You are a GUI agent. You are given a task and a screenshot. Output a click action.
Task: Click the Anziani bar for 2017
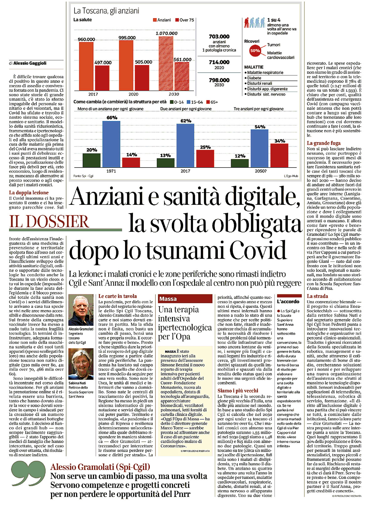(x=86, y=66)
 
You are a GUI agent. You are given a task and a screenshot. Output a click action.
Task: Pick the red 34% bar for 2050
(x=279, y=155)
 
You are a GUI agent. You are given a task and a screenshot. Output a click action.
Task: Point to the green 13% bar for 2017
(x=165, y=163)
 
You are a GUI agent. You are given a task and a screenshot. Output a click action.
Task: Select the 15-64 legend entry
(x=195, y=102)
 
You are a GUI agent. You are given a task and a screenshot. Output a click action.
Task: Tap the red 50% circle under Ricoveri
(x=255, y=50)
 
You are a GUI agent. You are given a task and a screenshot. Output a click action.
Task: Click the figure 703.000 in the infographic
(x=219, y=37)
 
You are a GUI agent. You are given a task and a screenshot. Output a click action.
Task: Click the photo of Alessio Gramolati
(x=81, y=310)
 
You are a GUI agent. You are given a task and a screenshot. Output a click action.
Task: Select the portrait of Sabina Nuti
(x=81, y=364)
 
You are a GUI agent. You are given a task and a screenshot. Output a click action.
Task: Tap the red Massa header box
(x=185, y=299)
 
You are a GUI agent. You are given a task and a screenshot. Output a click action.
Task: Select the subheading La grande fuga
(x=323, y=143)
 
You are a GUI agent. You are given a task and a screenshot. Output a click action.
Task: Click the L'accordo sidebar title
(x=288, y=301)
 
